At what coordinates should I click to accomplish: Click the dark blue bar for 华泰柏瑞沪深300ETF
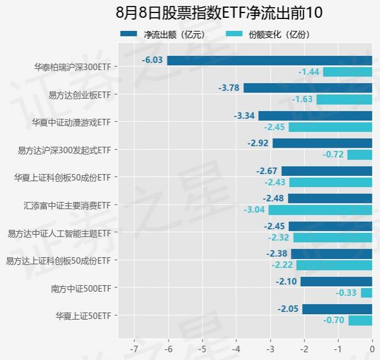(x=270, y=61)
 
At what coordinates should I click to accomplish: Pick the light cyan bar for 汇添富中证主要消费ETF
(x=320, y=210)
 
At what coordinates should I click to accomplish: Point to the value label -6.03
(x=153, y=61)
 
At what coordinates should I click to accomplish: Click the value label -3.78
(x=229, y=88)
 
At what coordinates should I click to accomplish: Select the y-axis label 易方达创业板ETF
(x=80, y=94)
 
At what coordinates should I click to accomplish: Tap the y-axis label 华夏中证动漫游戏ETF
(x=71, y=122)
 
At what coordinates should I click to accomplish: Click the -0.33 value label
(x=346, y=293)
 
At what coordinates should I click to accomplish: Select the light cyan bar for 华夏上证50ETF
(x=360, y=321)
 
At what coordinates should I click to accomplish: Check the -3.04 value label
(x=254, y=210)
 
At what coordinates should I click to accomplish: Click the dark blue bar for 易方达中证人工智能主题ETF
(x=330, y=226)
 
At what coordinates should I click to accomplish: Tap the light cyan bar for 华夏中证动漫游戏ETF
(x=330, y=127)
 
